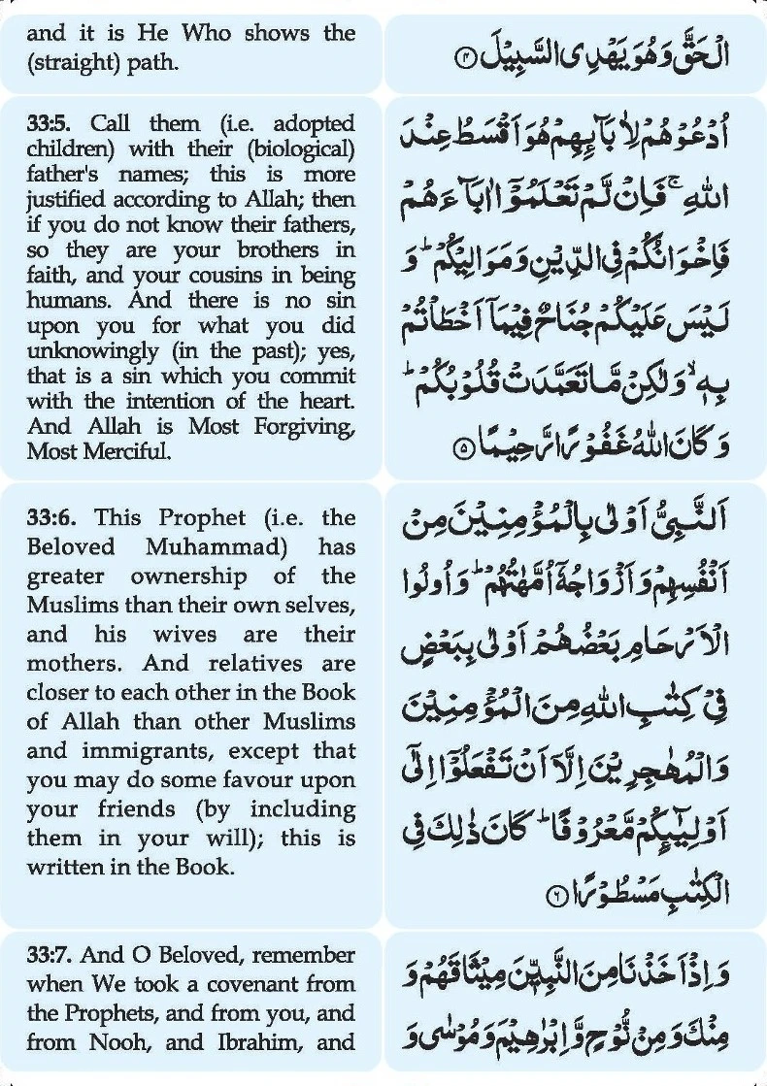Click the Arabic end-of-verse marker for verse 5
[x=462, y=449]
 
